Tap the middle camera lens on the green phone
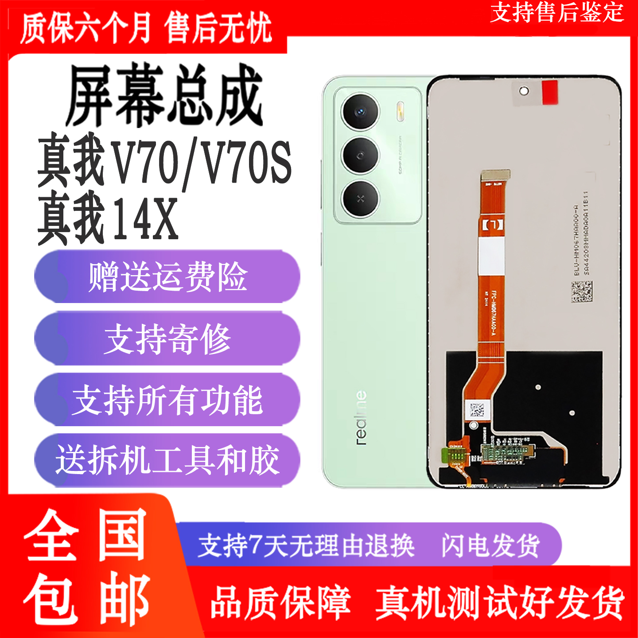pos(361,155)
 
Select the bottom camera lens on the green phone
pos(361,198)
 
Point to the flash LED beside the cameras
pos(401,111)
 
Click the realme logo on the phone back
pos(362,417)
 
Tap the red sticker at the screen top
pos(550,92)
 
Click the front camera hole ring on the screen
pos(524,91)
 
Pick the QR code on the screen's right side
pos(582,291)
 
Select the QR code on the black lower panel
pos(477,409)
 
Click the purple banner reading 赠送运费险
pos(167,277)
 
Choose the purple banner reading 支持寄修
pos(167,339)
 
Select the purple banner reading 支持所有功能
pos(167,400)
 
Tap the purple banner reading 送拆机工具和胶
pos(167,461)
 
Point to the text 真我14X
pos(108,218)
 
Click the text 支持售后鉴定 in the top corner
pos(557,12)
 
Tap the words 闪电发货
pos(490,545)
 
